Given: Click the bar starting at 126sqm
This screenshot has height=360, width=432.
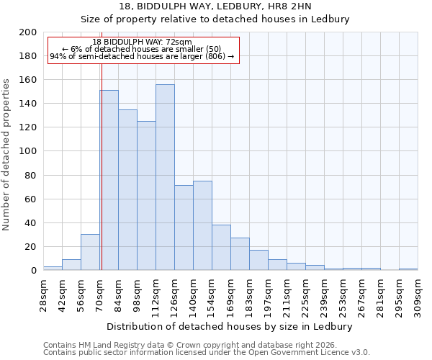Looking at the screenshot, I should click(x=184, y=228).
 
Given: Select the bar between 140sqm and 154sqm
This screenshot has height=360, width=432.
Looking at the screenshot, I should click(x=202, y=225).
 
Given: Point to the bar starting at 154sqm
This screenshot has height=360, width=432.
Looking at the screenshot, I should click(x=221, y=247).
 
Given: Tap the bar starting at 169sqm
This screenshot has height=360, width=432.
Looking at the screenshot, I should click(x=240, y=253).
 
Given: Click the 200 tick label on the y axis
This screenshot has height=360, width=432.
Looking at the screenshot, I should click(x=27, y=32).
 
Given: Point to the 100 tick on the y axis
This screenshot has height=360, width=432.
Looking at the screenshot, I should click(x=27, y=151).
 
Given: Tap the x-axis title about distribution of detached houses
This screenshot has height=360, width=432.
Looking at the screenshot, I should click(x=230, y=326).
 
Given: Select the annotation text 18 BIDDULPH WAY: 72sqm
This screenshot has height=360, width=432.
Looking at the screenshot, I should click(x=143, y=42).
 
